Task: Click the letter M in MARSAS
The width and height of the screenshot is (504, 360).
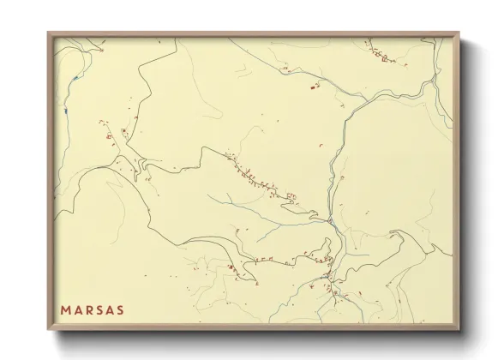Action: (x=65, y=309)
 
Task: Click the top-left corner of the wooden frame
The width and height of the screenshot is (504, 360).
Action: (x=48, y=33)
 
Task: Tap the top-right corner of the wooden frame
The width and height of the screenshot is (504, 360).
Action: (x=459, y=33)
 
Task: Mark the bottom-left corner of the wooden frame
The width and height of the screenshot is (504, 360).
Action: (x=48, y=329)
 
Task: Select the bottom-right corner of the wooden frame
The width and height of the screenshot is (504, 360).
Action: (x=459, y=329)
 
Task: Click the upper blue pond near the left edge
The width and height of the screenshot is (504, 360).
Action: (x=76, y=79)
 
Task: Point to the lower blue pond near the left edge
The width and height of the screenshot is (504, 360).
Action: (x=65, y=110)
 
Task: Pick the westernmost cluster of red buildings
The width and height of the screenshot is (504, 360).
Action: (x=109, y=135)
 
